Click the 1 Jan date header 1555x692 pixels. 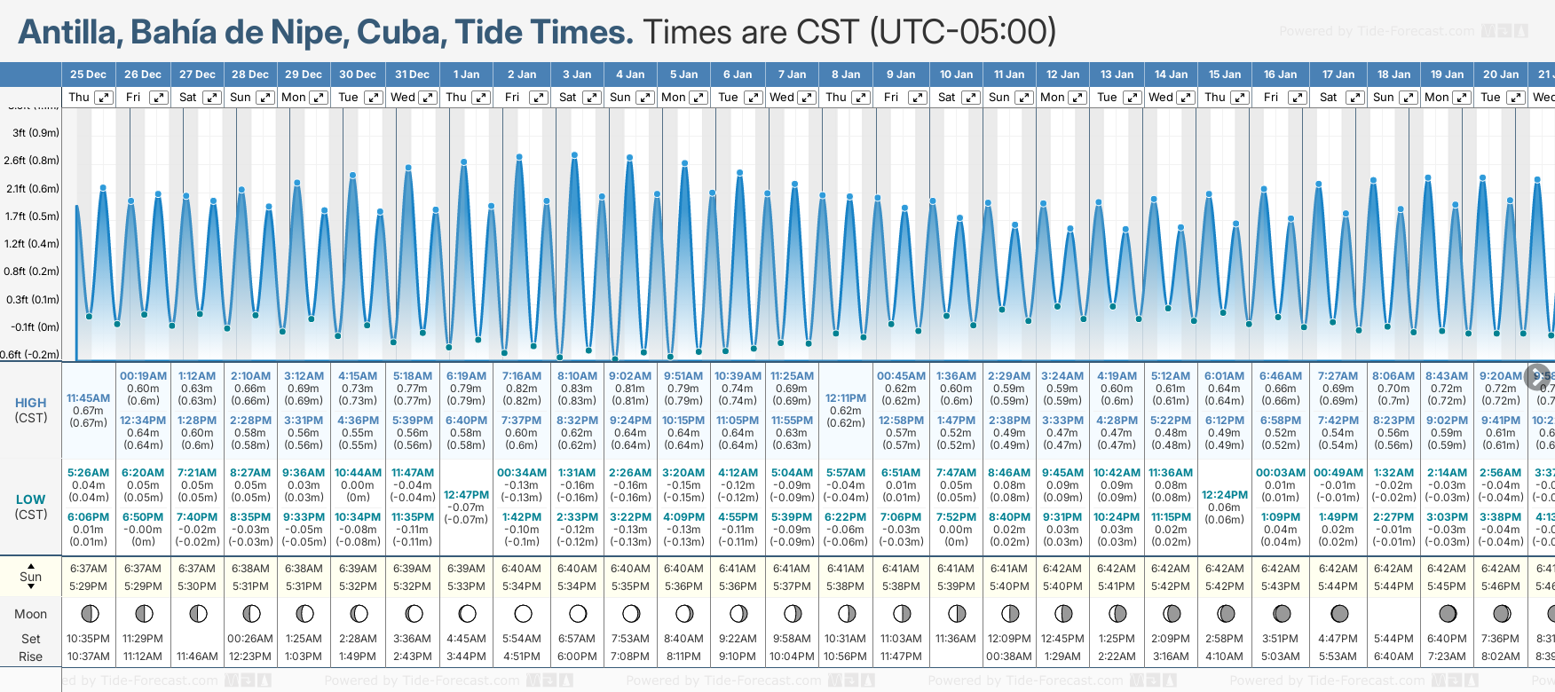(x=466, y=75)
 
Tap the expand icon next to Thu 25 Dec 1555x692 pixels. (x=104, y=98)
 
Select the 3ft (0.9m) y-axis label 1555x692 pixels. (x=36, y=133)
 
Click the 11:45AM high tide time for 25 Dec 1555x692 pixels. (x=89, y=398)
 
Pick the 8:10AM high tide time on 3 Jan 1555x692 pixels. (x=577, y=376)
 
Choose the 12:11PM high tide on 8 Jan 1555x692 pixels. (x=845, y=398)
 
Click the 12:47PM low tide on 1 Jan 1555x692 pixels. (x=466, y=495)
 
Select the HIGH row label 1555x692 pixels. (x=31, y=403)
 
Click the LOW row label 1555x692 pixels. (x=31, y=499)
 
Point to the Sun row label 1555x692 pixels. (x=31, y=577)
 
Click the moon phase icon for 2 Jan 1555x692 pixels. (x=523, y=613)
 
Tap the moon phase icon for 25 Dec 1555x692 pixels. (x=89, y=613)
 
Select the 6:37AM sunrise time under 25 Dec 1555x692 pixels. (x=89, y=569)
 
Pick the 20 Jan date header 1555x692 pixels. (x=1501, y=75)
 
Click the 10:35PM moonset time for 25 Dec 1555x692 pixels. (x=89, y=639)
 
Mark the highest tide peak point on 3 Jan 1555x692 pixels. (x=575, y=155)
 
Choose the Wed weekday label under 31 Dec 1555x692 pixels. (x=403, y=98)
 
